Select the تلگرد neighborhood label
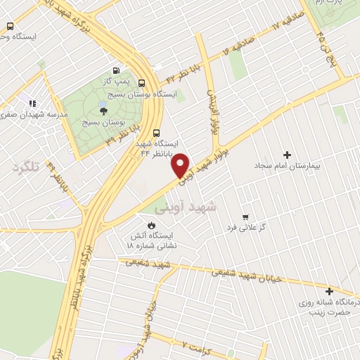coord(25,167)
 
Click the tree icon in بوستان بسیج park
coord(103,110)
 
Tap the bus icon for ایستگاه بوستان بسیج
coord(143,82)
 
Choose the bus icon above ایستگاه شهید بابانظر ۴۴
coord(156,131)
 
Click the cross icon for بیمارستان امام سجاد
coord(286,155)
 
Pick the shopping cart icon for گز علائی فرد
coord(245,217)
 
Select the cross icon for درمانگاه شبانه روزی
coord(328,290)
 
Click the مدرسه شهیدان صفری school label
coord(37,114)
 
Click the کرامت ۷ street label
coord(196,345)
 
